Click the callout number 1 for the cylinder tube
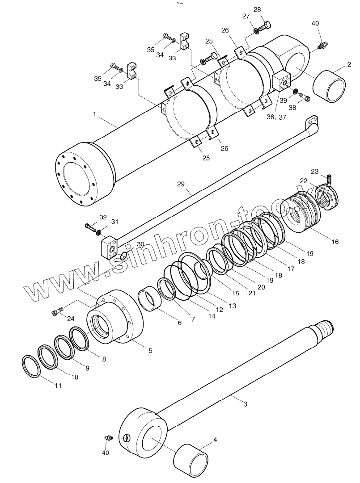(95, 114)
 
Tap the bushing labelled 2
(331, 86)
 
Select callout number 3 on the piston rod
(245, 404)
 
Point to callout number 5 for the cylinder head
(150, 351)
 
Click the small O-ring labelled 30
(123, 256)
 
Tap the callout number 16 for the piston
(335, 242)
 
